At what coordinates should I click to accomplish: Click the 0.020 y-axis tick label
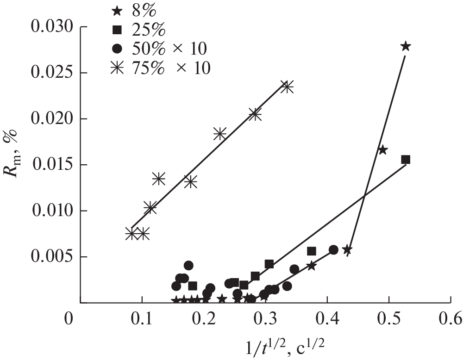[52, 119]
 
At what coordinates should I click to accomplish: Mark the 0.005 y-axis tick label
[52, 257]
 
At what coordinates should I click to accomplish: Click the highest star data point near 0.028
[406, 46]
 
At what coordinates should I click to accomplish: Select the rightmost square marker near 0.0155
[406, 160]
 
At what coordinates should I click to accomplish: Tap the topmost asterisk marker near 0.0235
[287, 87]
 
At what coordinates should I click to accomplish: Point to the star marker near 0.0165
[382, 150]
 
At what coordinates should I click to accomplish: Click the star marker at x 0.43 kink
[347, 250]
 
